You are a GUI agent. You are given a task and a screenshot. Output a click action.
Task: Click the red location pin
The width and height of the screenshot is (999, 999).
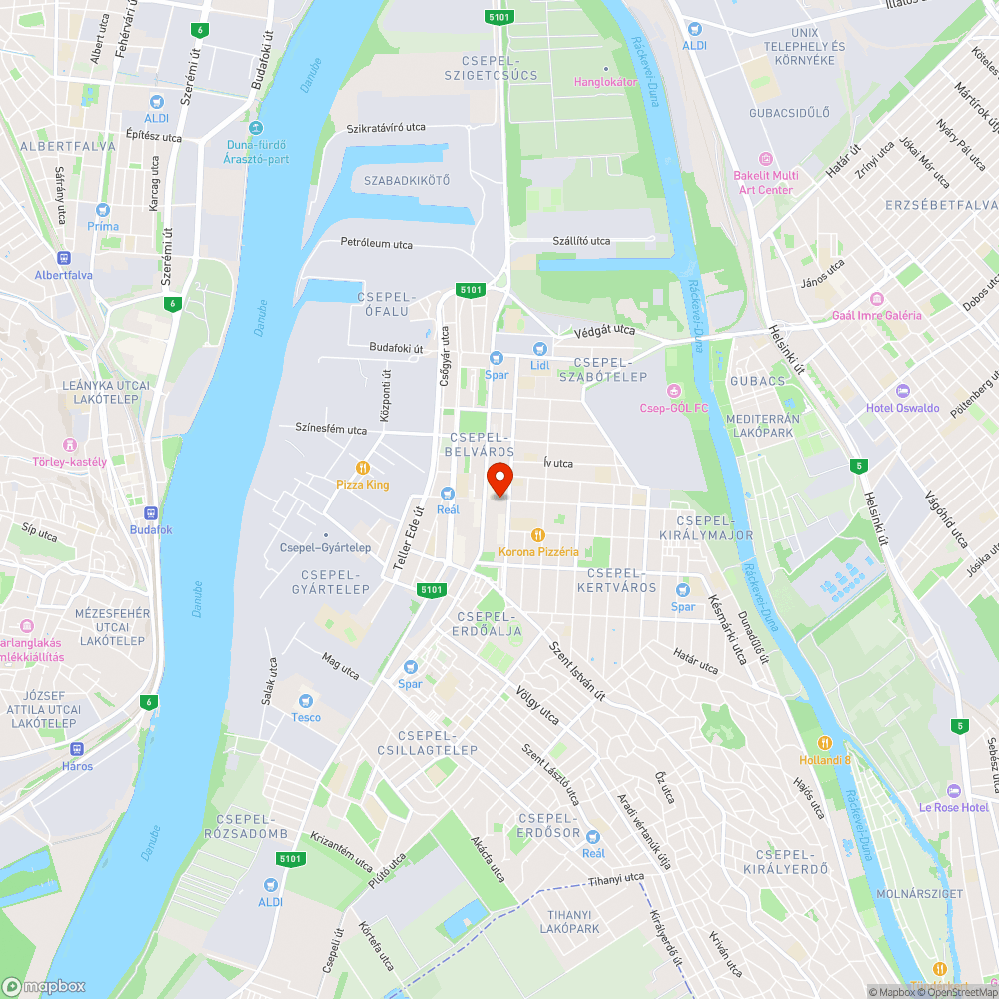[499, 480]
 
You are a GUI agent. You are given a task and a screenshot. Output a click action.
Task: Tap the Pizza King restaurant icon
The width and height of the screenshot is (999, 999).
[363, 467]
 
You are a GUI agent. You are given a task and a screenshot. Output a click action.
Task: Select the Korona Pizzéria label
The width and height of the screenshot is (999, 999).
[538, 551]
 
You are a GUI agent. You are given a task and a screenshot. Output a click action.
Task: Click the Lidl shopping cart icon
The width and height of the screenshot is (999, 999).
[540, 348]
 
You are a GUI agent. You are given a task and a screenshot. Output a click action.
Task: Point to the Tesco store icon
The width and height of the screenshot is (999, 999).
[306, 700]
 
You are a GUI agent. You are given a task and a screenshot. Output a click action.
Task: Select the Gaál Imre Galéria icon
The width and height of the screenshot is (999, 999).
[876, 298]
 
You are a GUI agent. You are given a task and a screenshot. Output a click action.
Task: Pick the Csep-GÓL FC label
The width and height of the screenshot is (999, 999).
[674, 407]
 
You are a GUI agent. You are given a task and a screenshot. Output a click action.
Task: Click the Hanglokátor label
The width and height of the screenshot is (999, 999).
[605, 82]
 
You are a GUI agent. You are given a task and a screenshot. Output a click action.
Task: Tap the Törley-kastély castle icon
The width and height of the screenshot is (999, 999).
[69, 444]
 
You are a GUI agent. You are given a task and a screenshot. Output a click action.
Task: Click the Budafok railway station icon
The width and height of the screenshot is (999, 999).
[150, 512]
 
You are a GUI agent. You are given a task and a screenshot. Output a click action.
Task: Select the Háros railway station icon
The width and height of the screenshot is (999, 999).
[76, 749]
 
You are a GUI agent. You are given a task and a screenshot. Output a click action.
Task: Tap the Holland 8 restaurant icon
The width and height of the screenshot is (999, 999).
[825, 742]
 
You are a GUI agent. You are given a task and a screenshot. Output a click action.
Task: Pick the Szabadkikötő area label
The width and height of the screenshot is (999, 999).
[407, 181]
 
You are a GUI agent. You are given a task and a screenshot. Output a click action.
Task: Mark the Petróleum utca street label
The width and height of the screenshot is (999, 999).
[376, 244]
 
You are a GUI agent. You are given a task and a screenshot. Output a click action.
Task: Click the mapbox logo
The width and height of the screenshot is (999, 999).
[45, 986]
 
